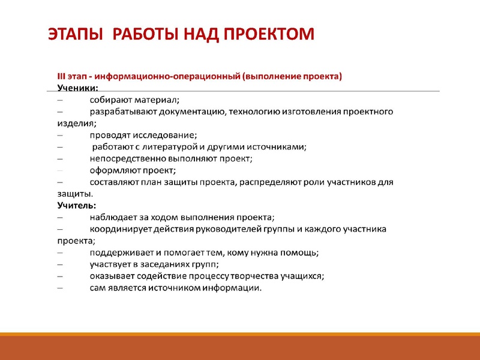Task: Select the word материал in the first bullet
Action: pos(157,100)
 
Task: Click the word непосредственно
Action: pos(125,158)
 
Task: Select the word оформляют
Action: pos(114,170)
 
